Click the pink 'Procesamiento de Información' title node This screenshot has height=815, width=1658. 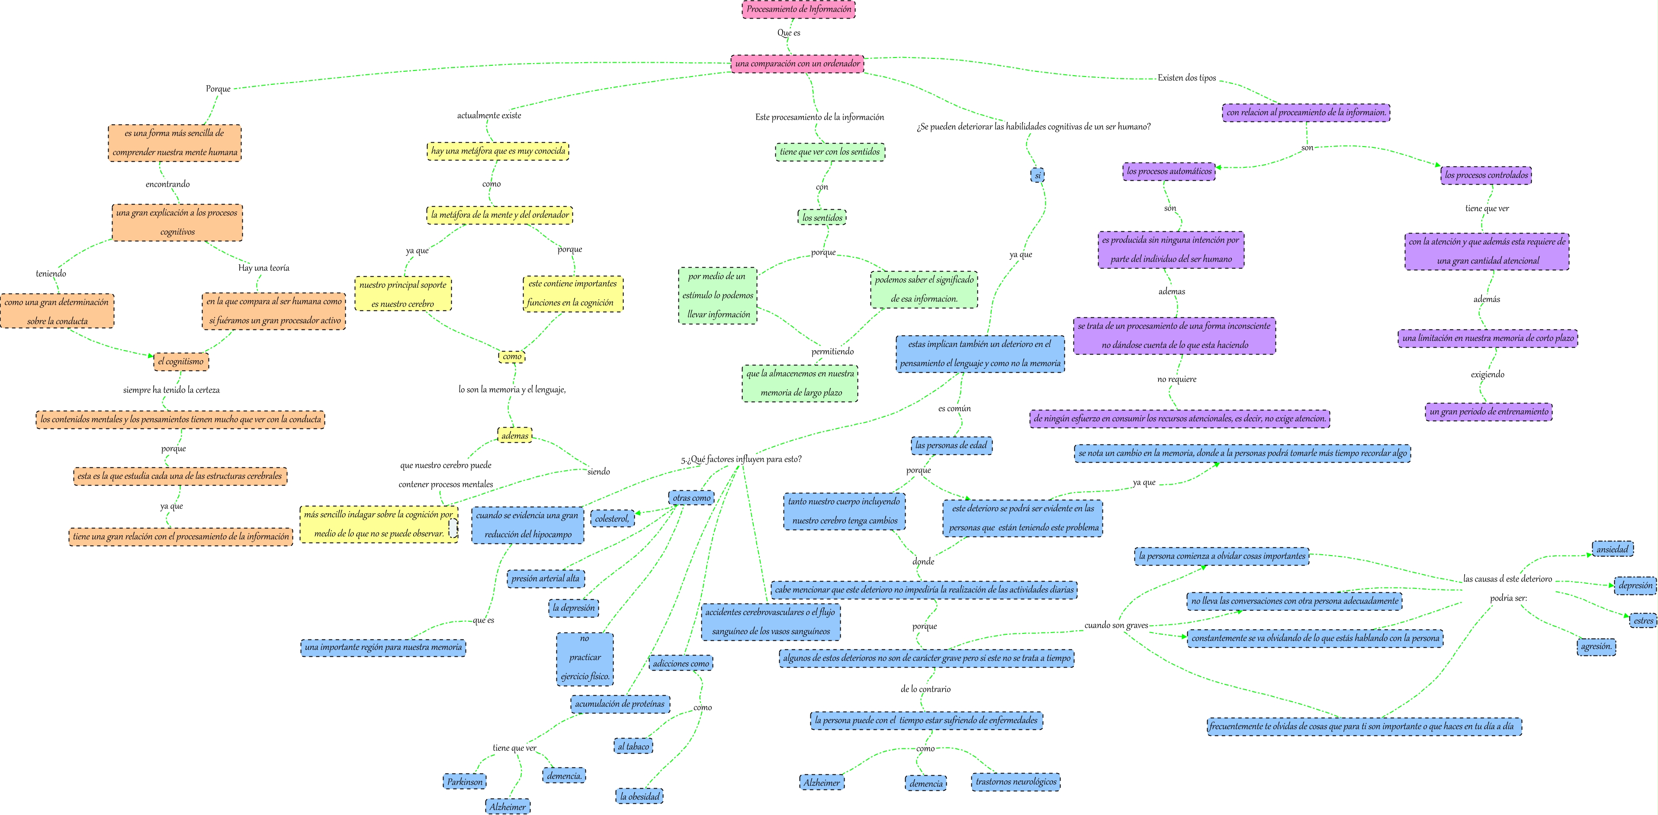[x=798, y=9]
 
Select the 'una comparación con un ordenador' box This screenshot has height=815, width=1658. [x=797, y=63]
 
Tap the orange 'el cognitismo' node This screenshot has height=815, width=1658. [x=181, y=361]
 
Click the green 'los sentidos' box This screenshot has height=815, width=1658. [x=822, y=217]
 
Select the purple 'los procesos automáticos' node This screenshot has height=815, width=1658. [x=1169, y=171]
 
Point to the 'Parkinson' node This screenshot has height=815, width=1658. [x=465, y=782]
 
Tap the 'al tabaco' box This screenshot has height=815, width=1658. [x=633, y=746]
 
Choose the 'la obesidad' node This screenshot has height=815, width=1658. [x=640, y=796]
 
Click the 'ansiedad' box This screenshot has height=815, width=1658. [x=1612, y=549]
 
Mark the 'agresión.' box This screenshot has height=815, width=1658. [x=1596, y=646]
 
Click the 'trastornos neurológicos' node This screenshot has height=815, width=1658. [x=1015, y=782]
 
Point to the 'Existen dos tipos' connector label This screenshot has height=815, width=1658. [x=1186, y=78]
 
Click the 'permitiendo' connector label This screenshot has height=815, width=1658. [x=832, y=351]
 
